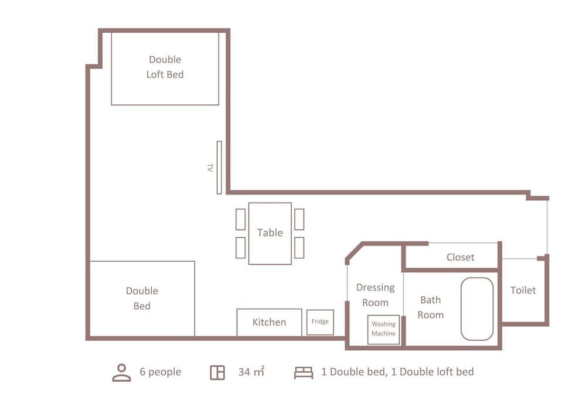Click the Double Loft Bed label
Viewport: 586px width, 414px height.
(165, 67)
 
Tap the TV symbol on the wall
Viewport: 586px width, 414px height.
(219, 167)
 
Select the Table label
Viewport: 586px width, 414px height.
(270, 232)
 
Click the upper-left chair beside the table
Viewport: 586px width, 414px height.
(241, 220)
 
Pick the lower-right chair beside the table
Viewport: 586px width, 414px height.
(299, 248)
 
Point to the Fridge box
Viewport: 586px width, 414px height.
(320, 322)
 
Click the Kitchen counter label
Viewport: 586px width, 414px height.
(269, 322)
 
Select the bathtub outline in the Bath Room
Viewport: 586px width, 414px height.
(477, 309)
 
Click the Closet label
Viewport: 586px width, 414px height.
(461, 257)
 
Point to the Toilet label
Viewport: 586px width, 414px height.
(523, 290)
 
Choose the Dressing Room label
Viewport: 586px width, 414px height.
(375, 295)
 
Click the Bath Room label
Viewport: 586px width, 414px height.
(431, 307)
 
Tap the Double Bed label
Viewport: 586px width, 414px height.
(142, 298)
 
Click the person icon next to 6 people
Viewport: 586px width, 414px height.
(121, 372)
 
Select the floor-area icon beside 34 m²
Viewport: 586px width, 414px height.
(217, 372)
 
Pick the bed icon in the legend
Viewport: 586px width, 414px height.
(304, 372)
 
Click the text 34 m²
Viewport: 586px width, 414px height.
(251, 371)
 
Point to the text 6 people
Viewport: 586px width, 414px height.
(161, 372)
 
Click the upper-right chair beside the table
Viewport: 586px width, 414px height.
(299, 220)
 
